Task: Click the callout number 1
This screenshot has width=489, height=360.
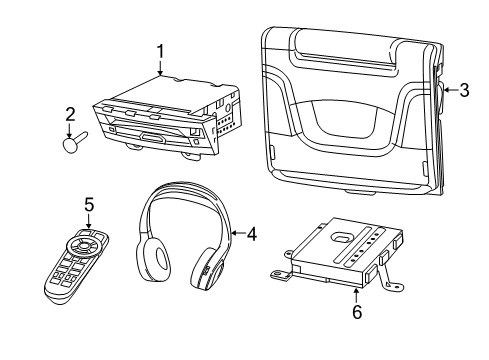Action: pyautogui.click(x=159, y=50)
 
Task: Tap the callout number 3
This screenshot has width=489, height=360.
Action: pyautogui.click(x=465, y=91)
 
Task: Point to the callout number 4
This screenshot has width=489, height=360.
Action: pyautogui.click(x=251, y=235)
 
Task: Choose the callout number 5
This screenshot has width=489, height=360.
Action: pyautogui.click(x=89, y=205)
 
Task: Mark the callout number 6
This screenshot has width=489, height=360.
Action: pyautogui.click(x=357, y=311)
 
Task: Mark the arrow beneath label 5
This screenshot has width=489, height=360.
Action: pyautogui.click(x=89, y=222)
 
